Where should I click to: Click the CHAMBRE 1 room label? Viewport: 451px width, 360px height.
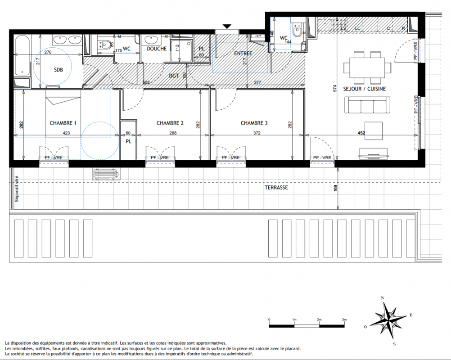pos(63,123)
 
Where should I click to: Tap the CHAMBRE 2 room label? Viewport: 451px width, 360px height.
pos(170,123)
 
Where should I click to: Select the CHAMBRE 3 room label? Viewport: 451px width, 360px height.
pos(254,123)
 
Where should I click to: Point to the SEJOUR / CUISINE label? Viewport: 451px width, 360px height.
pos(365,89)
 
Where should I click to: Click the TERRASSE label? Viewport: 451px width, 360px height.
pos(276,188)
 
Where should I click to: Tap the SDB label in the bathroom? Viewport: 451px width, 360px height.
pos(59,70)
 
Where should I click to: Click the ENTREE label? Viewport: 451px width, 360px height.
pos(243,54)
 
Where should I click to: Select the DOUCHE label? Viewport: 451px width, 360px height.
pos(157,49)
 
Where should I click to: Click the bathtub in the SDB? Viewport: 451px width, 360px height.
pos(22,55)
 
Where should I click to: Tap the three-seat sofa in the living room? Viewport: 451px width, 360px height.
pos(367,105)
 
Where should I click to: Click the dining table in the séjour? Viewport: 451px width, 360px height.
pos(367,67)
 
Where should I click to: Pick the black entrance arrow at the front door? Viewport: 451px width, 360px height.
pos(227,27)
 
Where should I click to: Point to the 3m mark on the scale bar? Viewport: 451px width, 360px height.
pos(344,319)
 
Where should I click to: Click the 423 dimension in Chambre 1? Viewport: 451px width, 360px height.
pos(66,133)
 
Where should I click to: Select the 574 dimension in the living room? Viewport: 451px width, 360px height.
pos(334,88)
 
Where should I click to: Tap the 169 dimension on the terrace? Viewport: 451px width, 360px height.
pos(336,189)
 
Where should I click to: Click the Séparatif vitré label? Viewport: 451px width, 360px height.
pos(17,189)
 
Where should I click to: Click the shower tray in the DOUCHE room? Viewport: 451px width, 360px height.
pos(181,50)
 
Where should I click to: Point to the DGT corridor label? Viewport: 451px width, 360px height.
pos(174,76)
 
